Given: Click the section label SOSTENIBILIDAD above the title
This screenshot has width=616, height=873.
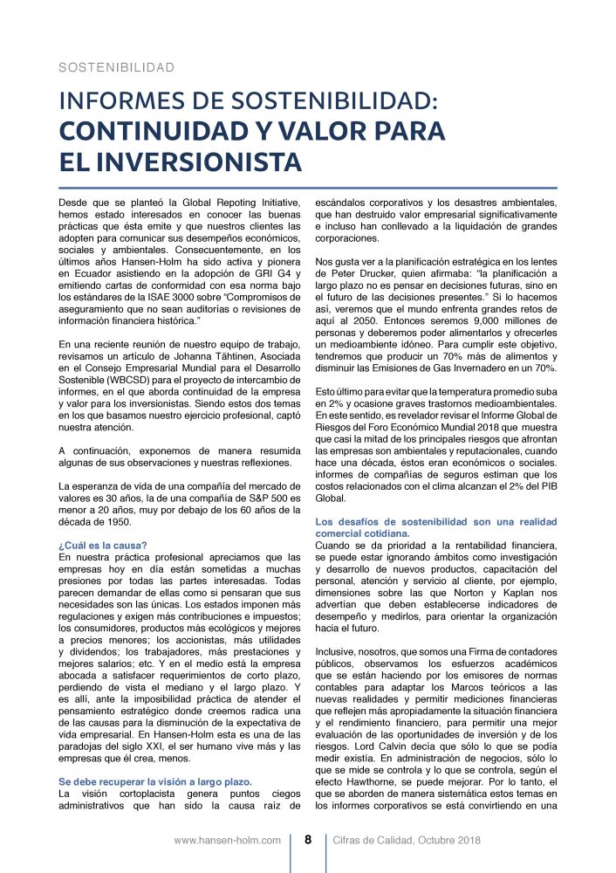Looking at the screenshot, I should point(116,67).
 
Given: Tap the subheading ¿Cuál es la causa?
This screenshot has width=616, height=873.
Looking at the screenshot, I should point(102,545).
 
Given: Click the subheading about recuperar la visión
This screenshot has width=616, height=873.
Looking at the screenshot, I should point(154,780).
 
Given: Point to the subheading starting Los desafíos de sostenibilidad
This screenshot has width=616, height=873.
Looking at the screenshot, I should point(435,522).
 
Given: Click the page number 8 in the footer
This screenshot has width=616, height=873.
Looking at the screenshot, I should point(308,841).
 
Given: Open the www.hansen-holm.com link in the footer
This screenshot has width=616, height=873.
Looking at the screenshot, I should point(227,841).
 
